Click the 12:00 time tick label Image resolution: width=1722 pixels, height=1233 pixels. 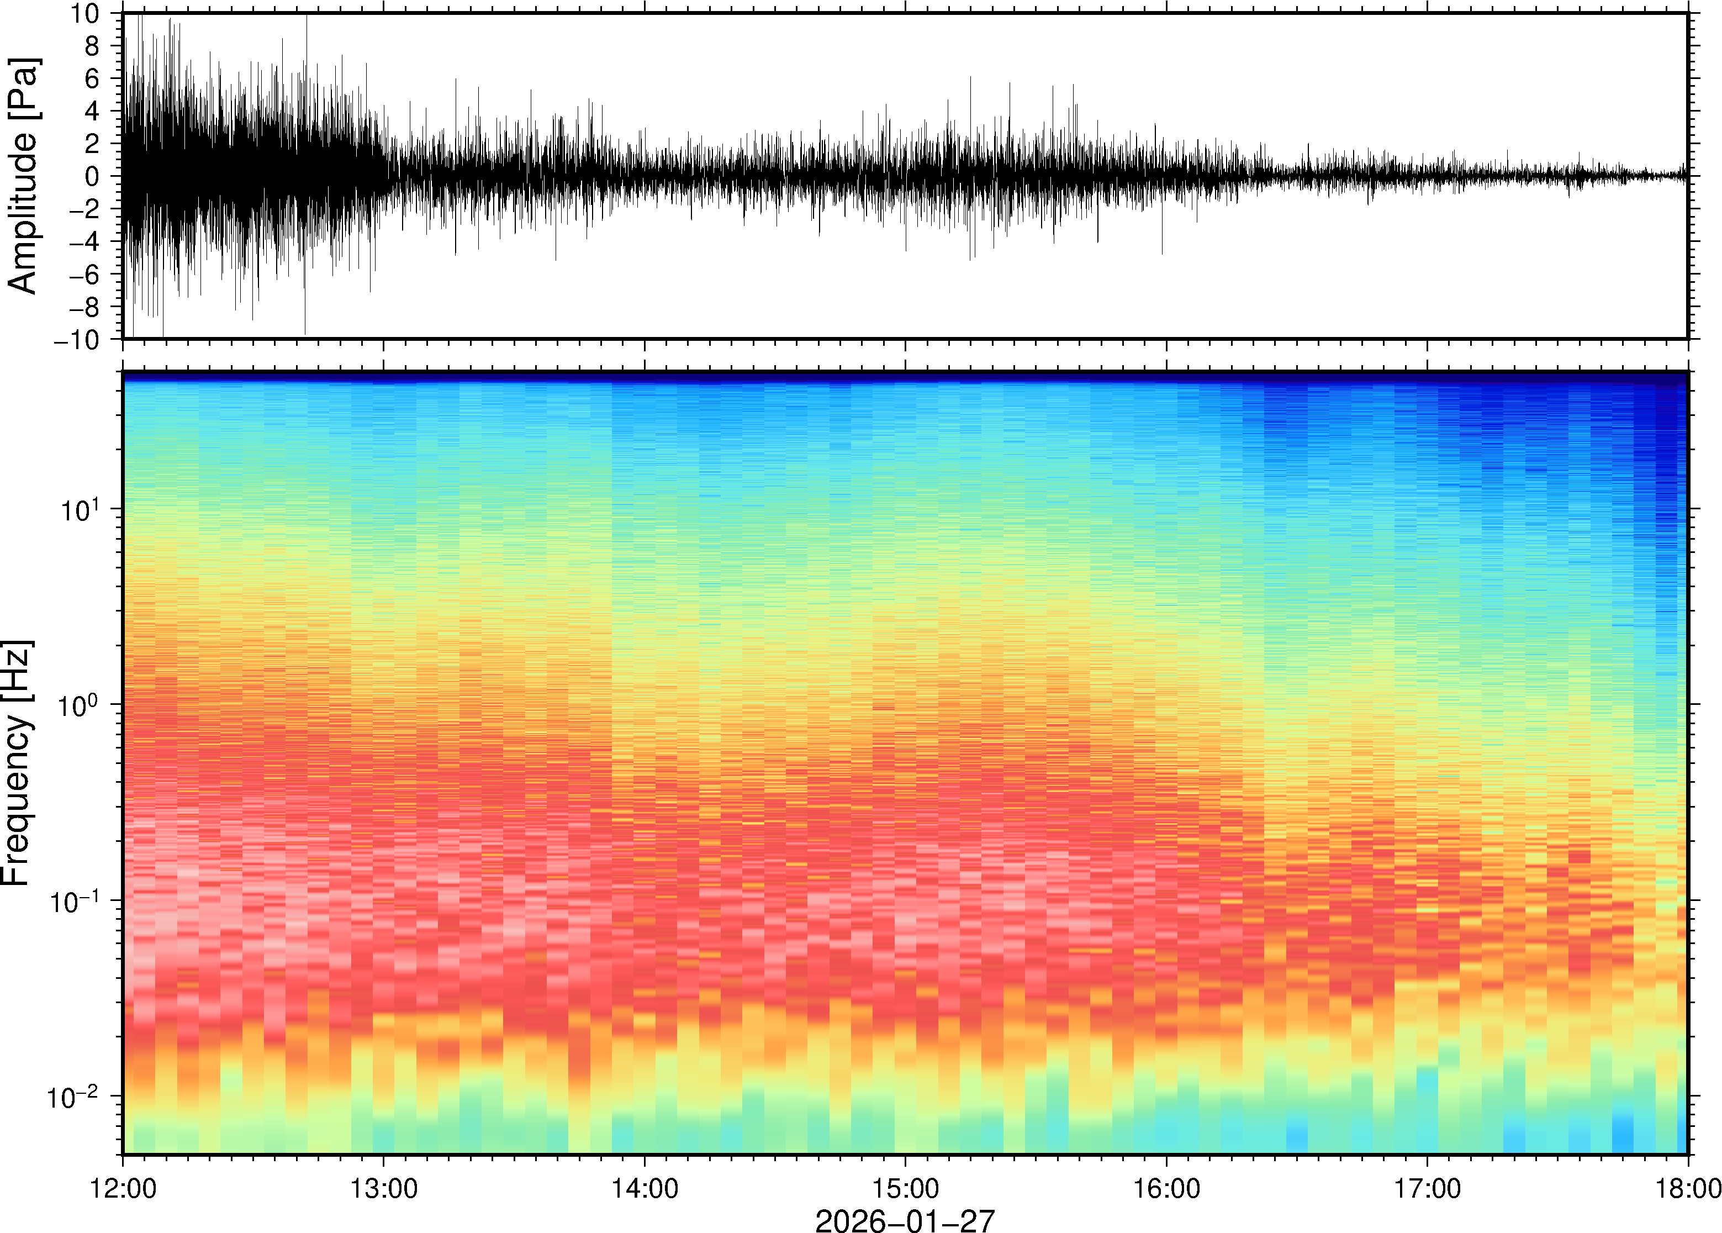(123, 1188)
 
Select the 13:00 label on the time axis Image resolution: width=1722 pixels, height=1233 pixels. (383, 1188)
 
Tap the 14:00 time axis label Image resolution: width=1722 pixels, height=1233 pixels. (645, 1188)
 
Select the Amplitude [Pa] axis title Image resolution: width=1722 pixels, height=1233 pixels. (23, 176)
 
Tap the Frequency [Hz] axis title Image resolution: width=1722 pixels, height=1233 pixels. (17, 762)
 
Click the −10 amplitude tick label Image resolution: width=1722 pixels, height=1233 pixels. (77, 340)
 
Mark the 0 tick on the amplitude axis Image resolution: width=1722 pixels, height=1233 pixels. (93, 177)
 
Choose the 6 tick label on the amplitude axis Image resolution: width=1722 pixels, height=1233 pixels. (93, 79)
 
